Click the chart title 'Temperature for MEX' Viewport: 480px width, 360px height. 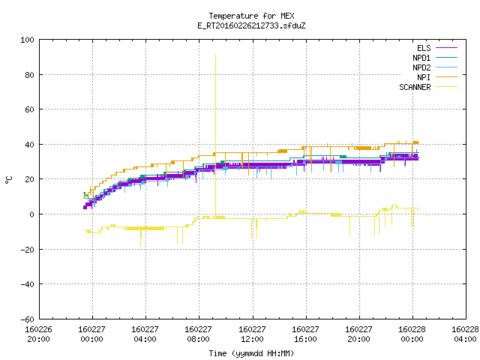[x=251, y=16]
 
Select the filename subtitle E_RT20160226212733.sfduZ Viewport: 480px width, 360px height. [x=251, y=25]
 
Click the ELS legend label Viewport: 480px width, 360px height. [x=424, y=48]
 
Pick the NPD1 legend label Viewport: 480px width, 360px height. [x=421, y=58]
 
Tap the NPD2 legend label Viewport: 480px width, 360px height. [x=421, y=67]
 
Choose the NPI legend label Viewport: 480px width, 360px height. [x=424, y=77]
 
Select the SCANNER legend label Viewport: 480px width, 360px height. [x=415, y=87]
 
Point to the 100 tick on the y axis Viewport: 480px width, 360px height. [x=27, y=40]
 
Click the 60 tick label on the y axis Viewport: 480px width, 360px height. [x=30, y=109]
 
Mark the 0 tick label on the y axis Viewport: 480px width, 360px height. [x=31, y=214]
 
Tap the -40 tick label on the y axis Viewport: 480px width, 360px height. [x=27, y=284]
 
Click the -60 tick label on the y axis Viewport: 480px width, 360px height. [x=27, y=319]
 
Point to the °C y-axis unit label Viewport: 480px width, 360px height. [x=9, y=180]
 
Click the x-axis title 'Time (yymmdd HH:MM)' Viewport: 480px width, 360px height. [x=251, y=353]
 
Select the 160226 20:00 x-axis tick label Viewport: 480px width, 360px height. [x=38, y=334]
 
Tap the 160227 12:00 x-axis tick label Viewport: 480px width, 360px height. [x=252, y=334]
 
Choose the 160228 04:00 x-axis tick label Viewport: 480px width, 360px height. [x=465, y=334]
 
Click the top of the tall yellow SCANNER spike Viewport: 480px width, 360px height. [x=215, y=55]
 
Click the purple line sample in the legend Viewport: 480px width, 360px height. [x=447, y=48]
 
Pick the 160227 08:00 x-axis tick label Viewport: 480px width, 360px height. [x=198, y=334]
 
